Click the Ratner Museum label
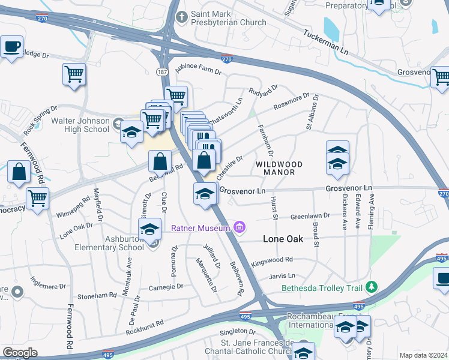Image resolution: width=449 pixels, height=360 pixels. (200, 228)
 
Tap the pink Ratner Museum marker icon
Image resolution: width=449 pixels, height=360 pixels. (240, 227)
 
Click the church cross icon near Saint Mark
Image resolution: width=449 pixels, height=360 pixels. (181, 17)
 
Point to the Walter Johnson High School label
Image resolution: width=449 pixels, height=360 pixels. (80, 125)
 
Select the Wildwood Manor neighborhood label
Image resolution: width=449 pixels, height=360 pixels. (279, 168)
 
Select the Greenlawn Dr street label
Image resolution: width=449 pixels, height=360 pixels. (310, 216)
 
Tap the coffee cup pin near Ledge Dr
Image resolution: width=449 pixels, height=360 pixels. (11, 46)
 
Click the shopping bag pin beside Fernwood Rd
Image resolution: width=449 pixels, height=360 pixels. (19, 171)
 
